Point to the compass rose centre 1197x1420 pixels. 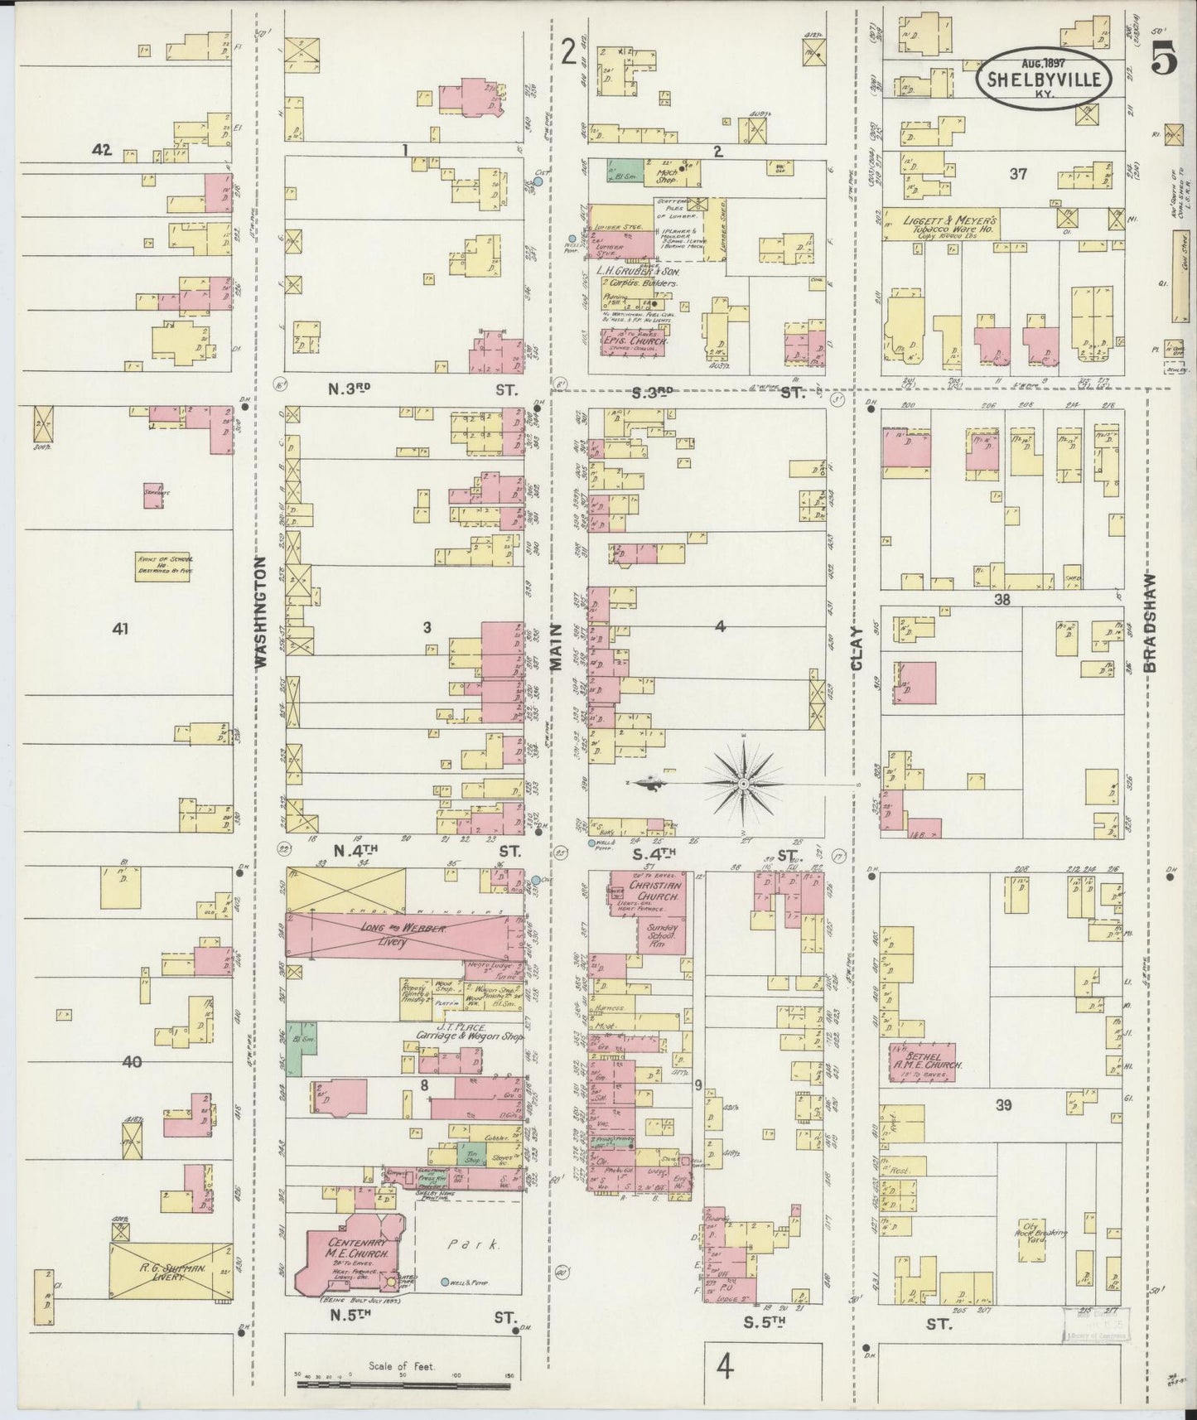pyautogui.click(x=743, y=782)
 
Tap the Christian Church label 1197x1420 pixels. pyautogui.click(x=654, y=891)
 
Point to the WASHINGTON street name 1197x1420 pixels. pyautogui.click(x=262, y=613)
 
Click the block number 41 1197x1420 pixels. pyautogui.click(x=121, y=630)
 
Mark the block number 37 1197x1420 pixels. pyautogui.click(x=1018, y=174)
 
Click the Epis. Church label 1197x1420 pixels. pyautogui.click(x=634, y=340)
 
